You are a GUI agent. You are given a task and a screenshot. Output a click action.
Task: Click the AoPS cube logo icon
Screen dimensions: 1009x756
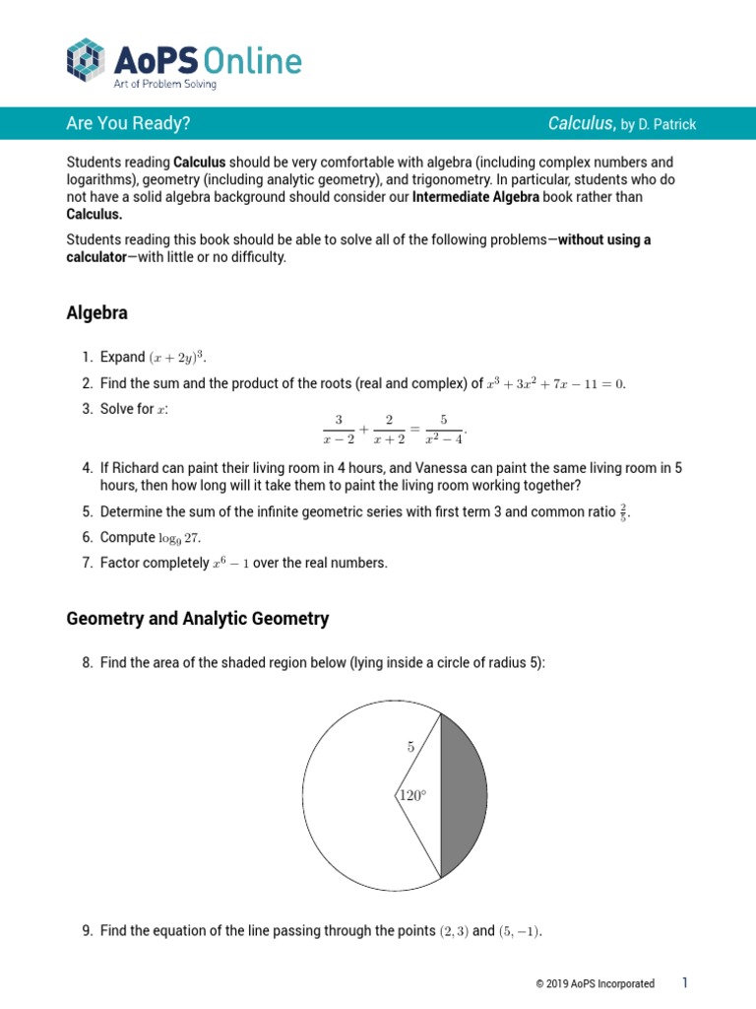(x=86, y=60)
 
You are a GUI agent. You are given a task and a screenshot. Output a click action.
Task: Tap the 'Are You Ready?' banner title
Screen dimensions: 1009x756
(x=128, y=123)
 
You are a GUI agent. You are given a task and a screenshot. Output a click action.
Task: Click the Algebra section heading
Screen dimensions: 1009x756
(x=96, y=313)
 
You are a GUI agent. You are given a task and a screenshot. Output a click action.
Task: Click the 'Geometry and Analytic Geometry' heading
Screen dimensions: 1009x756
(x=197, y=619)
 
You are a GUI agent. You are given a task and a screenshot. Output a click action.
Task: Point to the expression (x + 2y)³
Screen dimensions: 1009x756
(x=179, y=357)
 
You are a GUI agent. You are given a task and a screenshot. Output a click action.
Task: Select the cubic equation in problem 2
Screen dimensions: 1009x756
(x=556, y=383)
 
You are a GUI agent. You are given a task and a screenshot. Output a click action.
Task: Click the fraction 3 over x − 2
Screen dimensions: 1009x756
(x=339, y=430)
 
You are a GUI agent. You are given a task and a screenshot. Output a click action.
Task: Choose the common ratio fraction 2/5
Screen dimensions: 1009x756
(x=621, y=511)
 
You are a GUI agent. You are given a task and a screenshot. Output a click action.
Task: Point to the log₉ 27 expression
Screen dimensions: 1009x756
(x=179, y=538)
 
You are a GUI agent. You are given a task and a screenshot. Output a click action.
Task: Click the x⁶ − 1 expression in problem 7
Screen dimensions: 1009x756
(x=231, y=564)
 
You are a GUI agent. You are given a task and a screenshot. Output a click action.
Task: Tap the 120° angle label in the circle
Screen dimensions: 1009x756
(x=412, y=795)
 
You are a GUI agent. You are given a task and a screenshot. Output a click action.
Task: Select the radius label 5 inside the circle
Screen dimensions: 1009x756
(x=411, y=747)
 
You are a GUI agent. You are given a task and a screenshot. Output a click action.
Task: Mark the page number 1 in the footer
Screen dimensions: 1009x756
(x=685, y=982)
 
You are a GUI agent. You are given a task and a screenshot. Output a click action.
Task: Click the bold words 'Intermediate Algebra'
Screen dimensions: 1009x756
(x=474, y=197)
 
